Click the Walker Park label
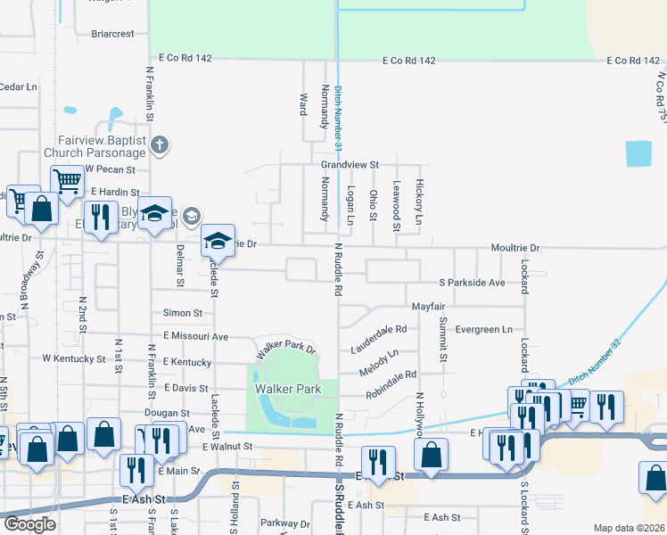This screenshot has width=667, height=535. [x=275, y=390]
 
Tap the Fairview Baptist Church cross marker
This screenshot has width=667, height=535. [x=160, y=145]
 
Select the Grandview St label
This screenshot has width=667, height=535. [x=350, y=165]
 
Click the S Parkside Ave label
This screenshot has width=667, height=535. [x=472, y=282]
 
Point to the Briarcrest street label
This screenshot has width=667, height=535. [x=112, y=34]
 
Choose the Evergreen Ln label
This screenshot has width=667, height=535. [x=484, y=329]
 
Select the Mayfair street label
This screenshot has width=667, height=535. [x=428, y=306]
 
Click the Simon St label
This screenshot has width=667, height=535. [x=183, y=313]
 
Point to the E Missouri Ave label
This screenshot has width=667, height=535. [x=189, y=336]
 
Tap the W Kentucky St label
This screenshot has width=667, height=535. [x=74, y=358]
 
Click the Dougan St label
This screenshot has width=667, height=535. [x=167, y=414]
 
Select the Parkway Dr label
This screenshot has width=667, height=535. [x=284, y=523]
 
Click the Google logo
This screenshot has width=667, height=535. [x=29, y=524]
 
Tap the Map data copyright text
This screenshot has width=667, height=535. [x=630, y=528]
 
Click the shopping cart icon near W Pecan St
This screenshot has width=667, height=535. [x=67, y=182]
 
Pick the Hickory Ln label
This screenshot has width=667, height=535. [x=418, y=206]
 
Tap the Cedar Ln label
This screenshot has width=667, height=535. [x=18, y=86]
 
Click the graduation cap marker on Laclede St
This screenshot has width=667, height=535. [x=218, y=241]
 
